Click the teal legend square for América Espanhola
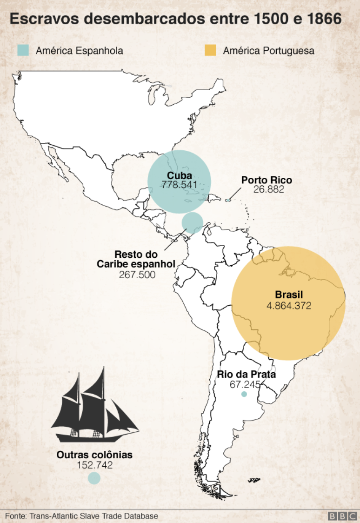pyautogui.click(x=23, y=50)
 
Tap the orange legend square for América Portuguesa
pyautogui.click(x=211, y=50)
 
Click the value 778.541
pyautogui.click(x=180, y=185)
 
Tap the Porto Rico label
pyautogui.click(x=267, y=181)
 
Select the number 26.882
pyautogui.click(x=268, y=189)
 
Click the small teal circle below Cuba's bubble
pyautogui.click(x=192, y=222)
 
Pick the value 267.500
pyautogui.click(x=137, y=275)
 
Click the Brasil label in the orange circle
pyautogui.click(x=288, y=295)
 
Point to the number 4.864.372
pyautogui.click(x=288, y=306)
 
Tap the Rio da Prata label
pyautogui.click(x=246, y=375)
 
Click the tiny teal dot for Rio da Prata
pyautogui.click(x=244, y=395)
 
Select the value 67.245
pyautogui.click(x=245, y=384)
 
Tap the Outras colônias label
pyautogui.click(x=94, y=455)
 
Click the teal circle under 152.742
pyautogui.click(x=94, y=478)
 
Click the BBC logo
pyautogui.click(x=342, y=516)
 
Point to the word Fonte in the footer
pyautogui.click(x=15, y=516)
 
